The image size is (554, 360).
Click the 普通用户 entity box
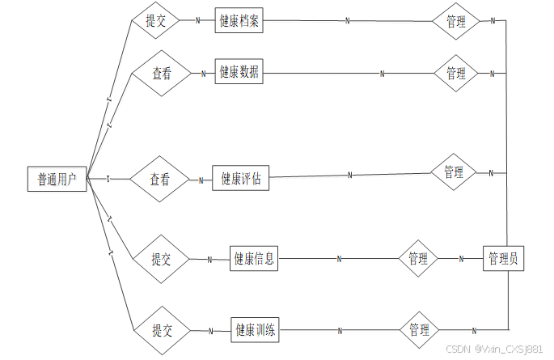point(57,179)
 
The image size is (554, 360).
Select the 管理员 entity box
point(504,259)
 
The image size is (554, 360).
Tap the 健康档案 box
point(239,21)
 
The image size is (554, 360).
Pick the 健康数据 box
point(239,72)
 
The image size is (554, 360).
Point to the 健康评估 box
point(240,179)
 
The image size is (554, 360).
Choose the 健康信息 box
point(254,259)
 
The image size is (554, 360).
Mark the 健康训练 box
point(256,330)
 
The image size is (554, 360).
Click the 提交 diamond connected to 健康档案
point(156,21)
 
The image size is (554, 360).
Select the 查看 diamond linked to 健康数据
point(162,73)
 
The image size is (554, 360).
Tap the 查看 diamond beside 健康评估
point(159,180)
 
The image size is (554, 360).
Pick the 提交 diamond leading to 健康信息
point(162,259)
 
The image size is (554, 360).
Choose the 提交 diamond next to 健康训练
point(163,330)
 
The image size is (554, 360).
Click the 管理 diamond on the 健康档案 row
point(456,22)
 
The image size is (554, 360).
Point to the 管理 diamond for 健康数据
point(456,73)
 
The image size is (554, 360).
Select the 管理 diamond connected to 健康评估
point(454,172)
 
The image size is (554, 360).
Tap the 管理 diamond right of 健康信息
point(418,259)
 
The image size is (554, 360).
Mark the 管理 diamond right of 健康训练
point(420,330)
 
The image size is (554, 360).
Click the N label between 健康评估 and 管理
point(350,175)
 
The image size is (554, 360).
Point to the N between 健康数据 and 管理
point(382,74)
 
